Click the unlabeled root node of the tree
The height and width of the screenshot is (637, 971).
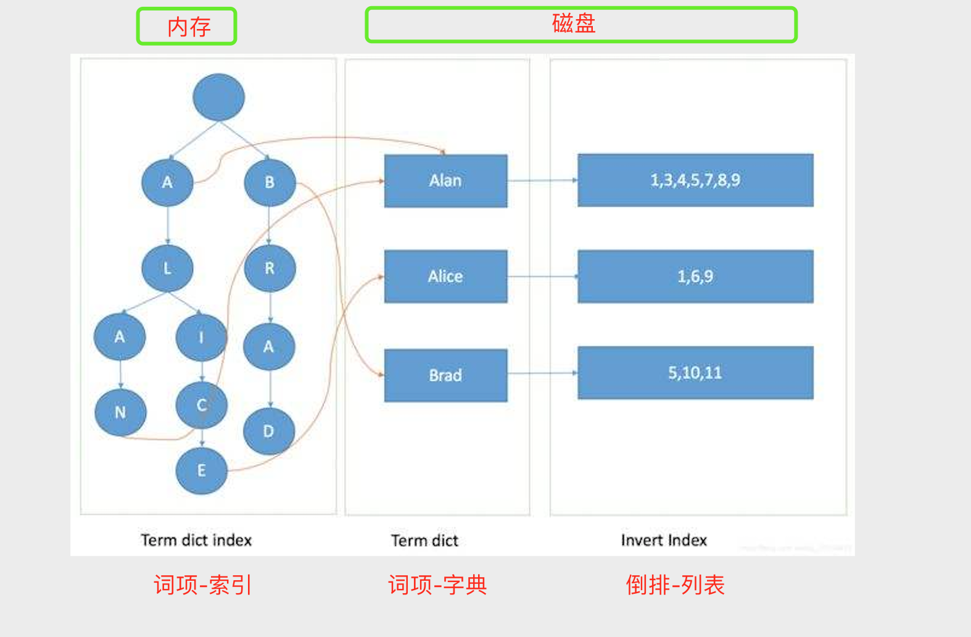[x=218, y=98]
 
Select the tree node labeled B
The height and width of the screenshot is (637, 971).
[x=270, y=183]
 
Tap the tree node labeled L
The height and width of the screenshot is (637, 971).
[x=167, y=269]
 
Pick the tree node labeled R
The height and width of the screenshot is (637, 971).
[x=270, y=269]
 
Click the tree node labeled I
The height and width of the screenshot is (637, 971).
[x=201, y=338]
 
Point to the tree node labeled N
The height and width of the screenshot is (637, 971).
[x=120, y=412]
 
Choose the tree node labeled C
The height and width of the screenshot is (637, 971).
[x=201, y=406]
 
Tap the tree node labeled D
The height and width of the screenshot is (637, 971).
[x=268, y=431]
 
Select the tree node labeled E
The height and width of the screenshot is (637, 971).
[x=201, y=471]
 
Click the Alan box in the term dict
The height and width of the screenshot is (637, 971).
[x=445, y=181]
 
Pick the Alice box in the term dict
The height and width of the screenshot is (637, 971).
[x=445, y=277]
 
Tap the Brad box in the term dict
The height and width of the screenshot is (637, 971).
[x=445, y=375]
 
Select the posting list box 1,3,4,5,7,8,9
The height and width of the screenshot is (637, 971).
[x=695, y=180]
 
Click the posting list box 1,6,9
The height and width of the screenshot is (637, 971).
[x=695, y=277]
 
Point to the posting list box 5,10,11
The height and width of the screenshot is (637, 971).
[x=695, y=373]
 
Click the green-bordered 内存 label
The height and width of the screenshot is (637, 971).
[x=187, y=27]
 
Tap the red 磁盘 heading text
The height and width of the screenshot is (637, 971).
[x=574, y=23]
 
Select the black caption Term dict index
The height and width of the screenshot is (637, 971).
[x=196, y=541]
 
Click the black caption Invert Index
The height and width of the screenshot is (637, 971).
[x=664, y=541]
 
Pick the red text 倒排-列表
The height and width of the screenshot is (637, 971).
[x=675, y=585]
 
